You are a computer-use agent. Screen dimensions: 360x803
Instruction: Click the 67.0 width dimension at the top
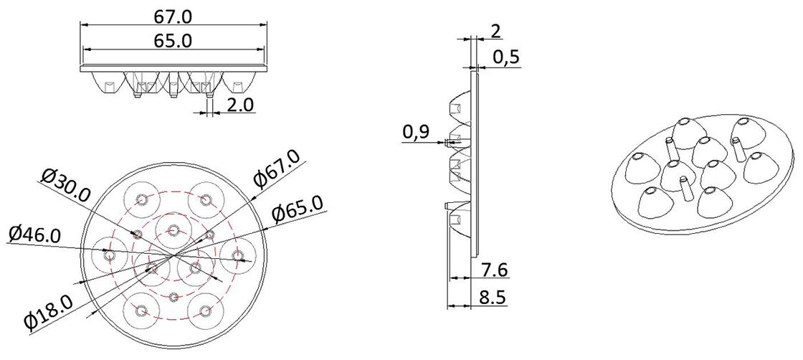pyautogui.click(x=173, y=15)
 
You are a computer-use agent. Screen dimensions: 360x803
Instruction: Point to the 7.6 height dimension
pyautogui.click(x=494, y=270)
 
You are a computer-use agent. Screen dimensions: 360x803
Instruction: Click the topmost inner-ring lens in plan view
pyautogui.click(x=173, y=229)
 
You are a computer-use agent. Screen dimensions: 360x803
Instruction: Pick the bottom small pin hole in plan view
pyautogui.click(x=174, y=297)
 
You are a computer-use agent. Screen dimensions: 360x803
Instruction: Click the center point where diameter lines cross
pyautogui.click(x=173, y=255)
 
